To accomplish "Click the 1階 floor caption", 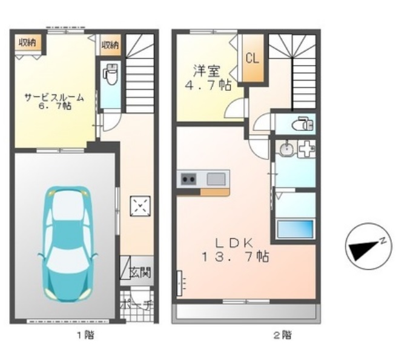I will (85, 335).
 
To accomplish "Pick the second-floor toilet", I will (301, 125).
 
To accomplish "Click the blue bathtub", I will (295, 230).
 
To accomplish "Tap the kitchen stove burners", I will (188, 179).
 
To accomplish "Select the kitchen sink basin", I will (216, 179).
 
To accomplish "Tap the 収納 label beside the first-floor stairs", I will (110, 44).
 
